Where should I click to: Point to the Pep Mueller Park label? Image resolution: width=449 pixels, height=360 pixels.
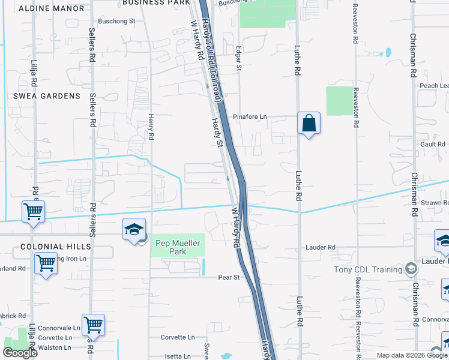[178, 247]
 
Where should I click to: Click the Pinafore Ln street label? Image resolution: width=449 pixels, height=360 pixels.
[250, 116]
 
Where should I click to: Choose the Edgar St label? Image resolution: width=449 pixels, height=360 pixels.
[239, 59]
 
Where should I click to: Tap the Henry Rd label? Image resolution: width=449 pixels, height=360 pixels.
[151, 127]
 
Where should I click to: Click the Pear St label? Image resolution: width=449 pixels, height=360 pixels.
[229, 278]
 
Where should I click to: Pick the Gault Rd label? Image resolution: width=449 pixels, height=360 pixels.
[433, 144]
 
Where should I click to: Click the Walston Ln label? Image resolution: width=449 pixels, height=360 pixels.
[54, 347]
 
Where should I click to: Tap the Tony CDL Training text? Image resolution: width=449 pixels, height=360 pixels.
[368, 269]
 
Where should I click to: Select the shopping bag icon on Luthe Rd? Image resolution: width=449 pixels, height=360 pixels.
[309, 124]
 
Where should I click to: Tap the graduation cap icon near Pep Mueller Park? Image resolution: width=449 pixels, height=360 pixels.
[134, 229]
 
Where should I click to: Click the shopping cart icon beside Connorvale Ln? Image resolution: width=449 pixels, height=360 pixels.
[94, 325]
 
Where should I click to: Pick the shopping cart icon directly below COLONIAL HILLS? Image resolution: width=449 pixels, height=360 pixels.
[46, 263]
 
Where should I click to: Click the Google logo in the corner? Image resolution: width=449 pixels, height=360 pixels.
[20, 353]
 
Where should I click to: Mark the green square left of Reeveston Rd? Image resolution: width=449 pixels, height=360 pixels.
[340, 101]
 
